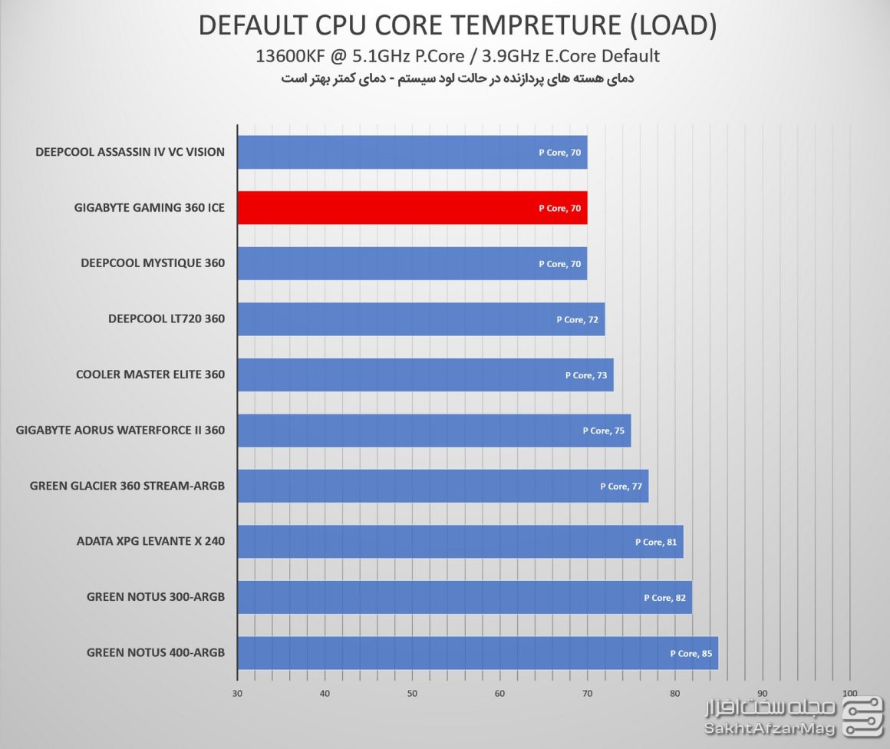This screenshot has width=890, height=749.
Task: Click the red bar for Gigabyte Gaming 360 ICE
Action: [412, 208]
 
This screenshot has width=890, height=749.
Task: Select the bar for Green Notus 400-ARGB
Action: [477, 653]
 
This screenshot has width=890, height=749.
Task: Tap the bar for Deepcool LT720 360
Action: [420, 319]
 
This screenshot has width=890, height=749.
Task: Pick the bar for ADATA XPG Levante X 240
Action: [460, 542]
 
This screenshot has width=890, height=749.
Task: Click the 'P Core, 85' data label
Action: [691, 654]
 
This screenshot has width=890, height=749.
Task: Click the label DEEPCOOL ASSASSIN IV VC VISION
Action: [130, 152]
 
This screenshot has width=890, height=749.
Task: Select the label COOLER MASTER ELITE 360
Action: [150, 374]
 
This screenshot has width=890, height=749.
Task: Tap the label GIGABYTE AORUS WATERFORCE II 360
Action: [120, 431]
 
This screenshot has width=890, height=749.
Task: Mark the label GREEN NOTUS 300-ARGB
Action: [156, 597]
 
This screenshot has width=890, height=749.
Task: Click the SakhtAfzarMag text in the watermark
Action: [770, 728]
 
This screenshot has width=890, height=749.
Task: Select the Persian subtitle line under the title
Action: [458, 78]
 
